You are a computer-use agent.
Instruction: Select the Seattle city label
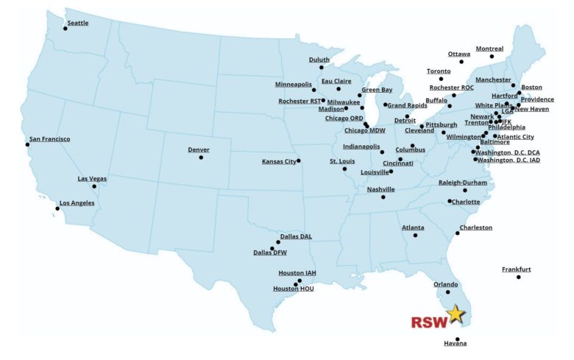click(x=77, y=23)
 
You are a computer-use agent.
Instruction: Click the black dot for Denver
click(x=201, y=157)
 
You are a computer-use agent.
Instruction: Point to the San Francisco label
click(x=49, y=138)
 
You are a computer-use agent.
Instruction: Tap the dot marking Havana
click(x=457, y=339)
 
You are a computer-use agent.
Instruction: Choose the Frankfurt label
click(x=516, y=269)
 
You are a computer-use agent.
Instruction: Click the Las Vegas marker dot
click(x=94, y=186)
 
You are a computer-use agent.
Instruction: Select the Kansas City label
click(x=279, y=161)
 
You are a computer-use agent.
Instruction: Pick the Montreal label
click(x=489, y=49)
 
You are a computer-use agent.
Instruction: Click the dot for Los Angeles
click(x=57, y=209)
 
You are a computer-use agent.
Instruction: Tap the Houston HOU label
click(x=293, y=289)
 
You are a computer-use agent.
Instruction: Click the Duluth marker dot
click(x=322, y=68)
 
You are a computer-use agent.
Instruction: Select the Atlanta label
click(x=412, y=227)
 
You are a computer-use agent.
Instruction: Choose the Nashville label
click(x=380, y=189)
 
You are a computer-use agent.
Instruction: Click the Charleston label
click(x=475, y=227)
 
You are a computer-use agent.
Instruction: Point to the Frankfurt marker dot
click(x=519, y=277)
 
